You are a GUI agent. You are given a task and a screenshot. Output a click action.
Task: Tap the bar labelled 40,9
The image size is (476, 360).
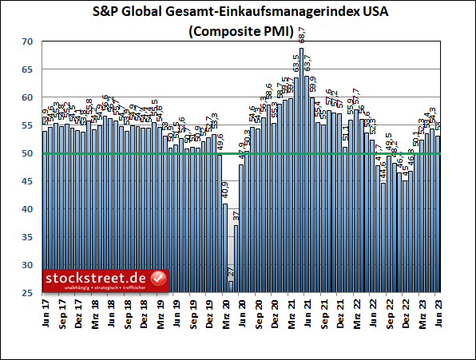click(224, 247)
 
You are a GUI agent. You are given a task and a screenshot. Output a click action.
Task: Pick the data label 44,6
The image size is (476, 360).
click(383, 171)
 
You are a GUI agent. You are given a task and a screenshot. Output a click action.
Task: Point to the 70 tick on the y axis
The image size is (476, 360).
click(28, 42)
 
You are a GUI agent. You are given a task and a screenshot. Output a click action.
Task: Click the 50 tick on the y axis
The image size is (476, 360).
click(28, 153)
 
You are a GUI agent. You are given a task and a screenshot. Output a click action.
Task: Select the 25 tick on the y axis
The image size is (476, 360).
click(28, 293)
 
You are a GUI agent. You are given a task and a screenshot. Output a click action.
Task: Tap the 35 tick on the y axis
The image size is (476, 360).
click(28, 237)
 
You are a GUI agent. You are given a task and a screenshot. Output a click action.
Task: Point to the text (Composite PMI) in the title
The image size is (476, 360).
click(237, 31)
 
